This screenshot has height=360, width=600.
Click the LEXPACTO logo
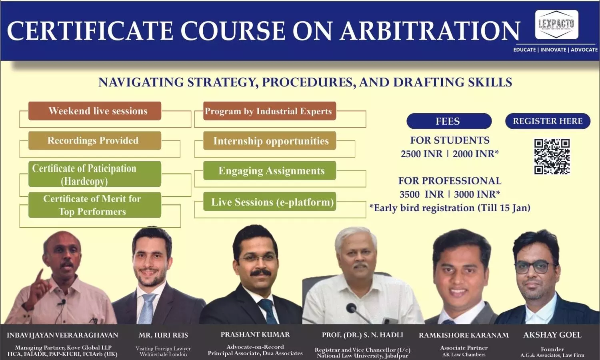point(557,24)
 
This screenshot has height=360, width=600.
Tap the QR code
point(552,156)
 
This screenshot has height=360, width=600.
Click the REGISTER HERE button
point(548,121)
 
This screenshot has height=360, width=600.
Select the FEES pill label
point(449,121)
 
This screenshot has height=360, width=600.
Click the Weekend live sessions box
point(95,111)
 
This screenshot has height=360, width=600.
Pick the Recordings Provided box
point(95,140)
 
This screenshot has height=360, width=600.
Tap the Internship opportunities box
point(270,141)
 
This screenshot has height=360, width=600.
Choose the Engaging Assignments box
point(270,170)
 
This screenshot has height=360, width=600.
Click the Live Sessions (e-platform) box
point(270,202)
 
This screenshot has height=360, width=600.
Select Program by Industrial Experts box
point(270,111)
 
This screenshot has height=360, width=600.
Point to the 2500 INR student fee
point(422,154)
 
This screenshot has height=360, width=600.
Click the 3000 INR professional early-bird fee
point(477,194)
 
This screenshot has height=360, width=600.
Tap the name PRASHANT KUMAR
point(255,334)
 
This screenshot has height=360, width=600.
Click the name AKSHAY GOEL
point(552,335)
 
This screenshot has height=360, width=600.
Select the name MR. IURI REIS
point(163,335)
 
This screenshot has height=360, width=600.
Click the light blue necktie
point(147,308)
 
